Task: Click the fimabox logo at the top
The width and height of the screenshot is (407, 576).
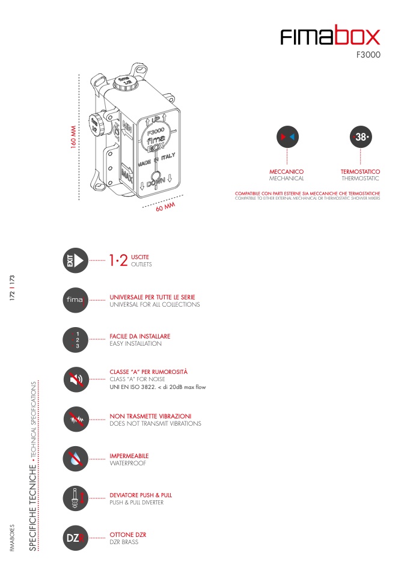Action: [x=330, y=35]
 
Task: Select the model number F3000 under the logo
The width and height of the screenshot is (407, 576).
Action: [x=369, y=55]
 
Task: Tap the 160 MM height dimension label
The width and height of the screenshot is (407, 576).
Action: [x=73, y=137]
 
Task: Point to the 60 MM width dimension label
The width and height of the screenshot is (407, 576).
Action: [x=166, y=207]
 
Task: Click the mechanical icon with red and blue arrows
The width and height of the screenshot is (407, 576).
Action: [x=287, y=137]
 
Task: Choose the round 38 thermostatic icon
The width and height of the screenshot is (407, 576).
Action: [x=361, y=137]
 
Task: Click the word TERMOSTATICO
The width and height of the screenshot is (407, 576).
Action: [x=360, y=171]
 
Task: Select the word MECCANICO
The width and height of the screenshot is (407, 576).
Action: [x=287, y=171]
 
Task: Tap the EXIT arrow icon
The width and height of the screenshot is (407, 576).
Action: [x=76, y=260]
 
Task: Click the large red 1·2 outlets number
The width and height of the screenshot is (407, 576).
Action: [x=118, y=260]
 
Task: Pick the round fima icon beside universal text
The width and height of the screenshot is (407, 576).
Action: [x=76, y=300]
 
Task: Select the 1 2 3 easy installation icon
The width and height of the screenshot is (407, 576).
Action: [x=76, y=340]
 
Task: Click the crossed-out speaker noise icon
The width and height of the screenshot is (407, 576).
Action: [x=76, y=379]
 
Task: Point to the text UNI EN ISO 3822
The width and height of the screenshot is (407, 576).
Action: [x=133, y=387]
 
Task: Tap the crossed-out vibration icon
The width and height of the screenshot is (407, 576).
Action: [x=76, y=419]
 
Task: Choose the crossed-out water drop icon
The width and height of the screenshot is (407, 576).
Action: [x=76, y=459]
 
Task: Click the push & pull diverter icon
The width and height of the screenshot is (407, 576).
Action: [x=76, y=498]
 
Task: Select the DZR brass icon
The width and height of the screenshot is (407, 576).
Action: [x=76, y=538]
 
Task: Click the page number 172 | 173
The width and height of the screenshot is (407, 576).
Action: [x=12, y=288]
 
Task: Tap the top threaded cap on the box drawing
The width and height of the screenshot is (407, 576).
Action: [x=125, y=82]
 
